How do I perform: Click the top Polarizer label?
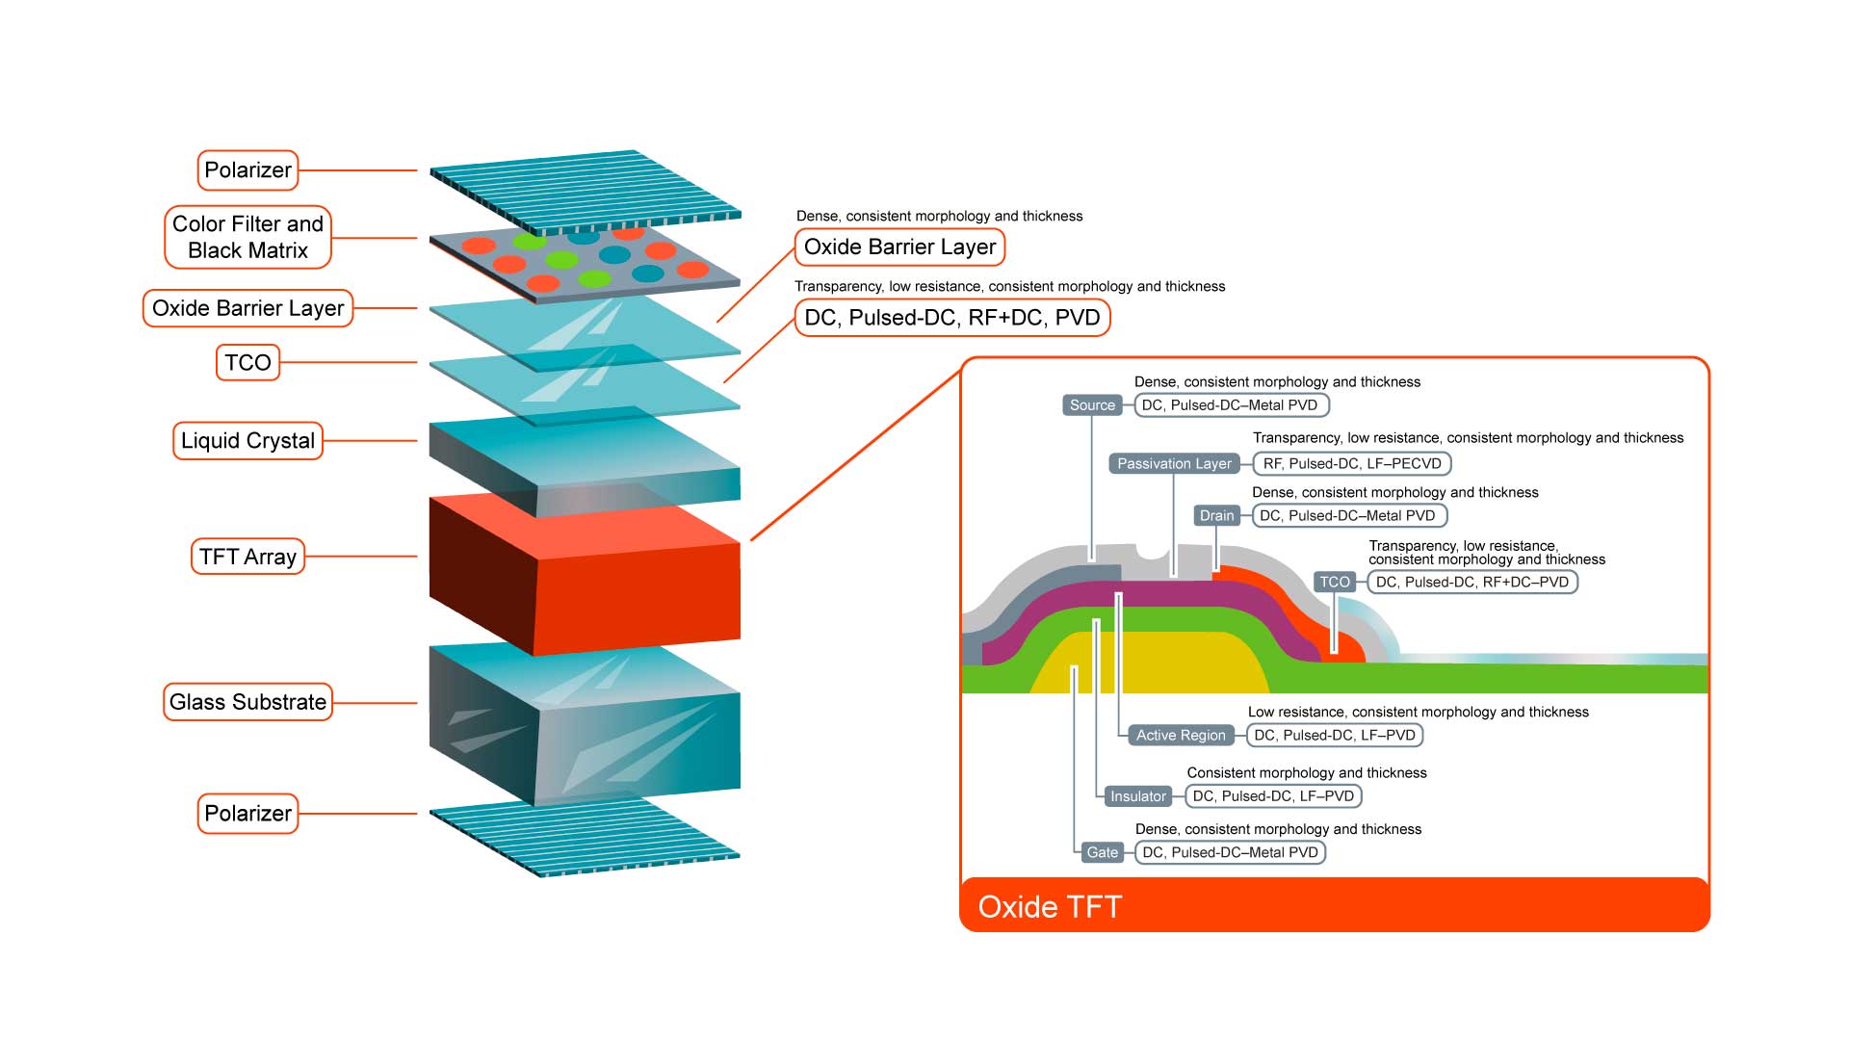click(x=247, y=170)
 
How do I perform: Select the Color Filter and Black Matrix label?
click(x=247, y=237)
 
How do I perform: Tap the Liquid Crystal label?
click(x=247, y=441)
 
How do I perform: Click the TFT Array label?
click(x=247, y=557)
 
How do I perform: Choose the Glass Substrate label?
click(x=247, y=702)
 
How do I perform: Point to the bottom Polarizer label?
click(x=247, y=814)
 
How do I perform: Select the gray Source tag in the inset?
click(x=1092, y=405)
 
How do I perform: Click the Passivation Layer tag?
click(x=1174, y=464)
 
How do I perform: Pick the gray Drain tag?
click(x=1216, y=516)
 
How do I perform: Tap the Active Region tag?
click(x=1181, y=736)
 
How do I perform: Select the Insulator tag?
click(x=1137, y=796)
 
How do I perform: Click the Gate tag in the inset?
click(x=1102, y=852)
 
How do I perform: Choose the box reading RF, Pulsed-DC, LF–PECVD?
click(x=1352, y=464)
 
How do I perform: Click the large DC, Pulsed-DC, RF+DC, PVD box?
click(x=951, y=318)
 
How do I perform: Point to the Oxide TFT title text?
click(x=1050, y=907)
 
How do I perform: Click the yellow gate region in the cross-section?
click(x=1175, y=664)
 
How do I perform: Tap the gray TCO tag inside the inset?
click(x=1335, y=582)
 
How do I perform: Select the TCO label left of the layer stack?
click(x=247, y=363)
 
